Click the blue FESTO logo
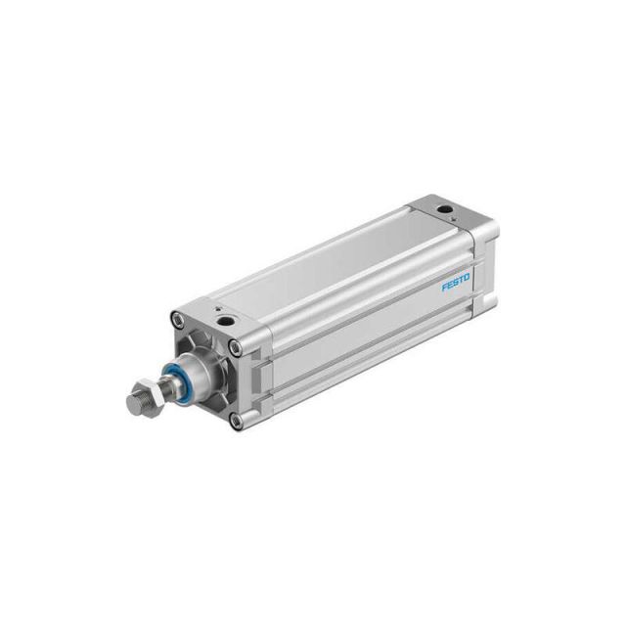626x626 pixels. click(x=456, y=283)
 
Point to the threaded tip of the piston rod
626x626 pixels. click(x=136, y=404)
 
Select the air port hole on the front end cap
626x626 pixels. click(x=226, y=320)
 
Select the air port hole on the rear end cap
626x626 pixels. click(x=444, y=208)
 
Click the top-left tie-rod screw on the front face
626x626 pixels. click(x=176, y=319)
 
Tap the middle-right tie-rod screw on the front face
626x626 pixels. click(x=236, y=348)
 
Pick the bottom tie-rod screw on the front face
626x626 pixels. click(x=237, y=420)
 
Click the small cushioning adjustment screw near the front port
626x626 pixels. click(x=217, y=309)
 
